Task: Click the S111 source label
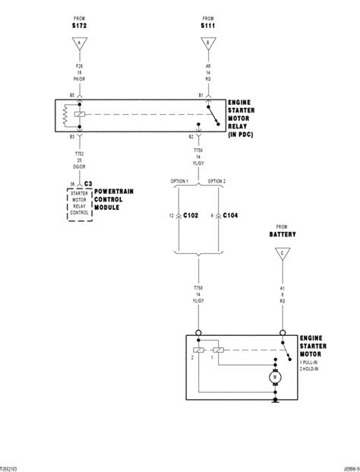(208, 27)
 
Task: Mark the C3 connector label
(88, 185)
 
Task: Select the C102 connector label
(190, 217)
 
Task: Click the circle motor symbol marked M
(273, 375)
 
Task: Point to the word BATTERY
(283, 235)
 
